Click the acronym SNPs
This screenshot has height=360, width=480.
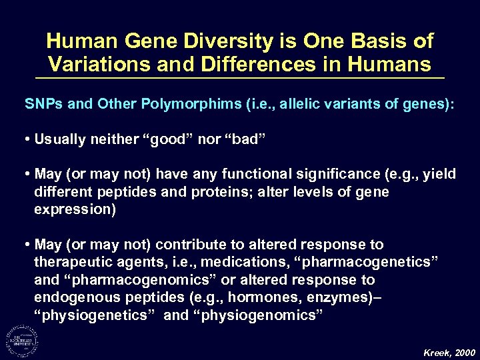[41, 105]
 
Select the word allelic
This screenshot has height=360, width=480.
[287, 105]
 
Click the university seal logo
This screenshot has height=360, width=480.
[22, 339]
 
